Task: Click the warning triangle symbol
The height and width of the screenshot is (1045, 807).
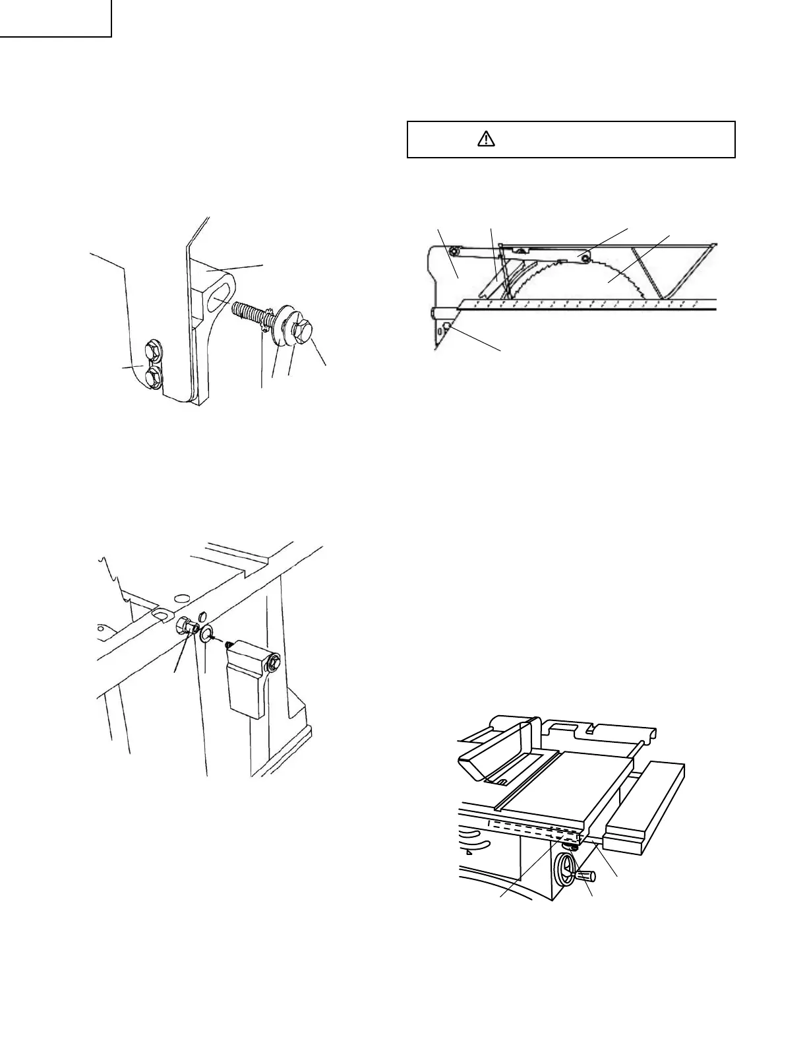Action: pyautogui.click(x=486, y=139)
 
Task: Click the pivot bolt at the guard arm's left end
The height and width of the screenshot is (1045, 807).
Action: pyautogui.click(x=454, y=251)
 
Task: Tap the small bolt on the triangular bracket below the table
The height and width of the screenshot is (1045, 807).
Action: pyautogui.click(x=447, y=327)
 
